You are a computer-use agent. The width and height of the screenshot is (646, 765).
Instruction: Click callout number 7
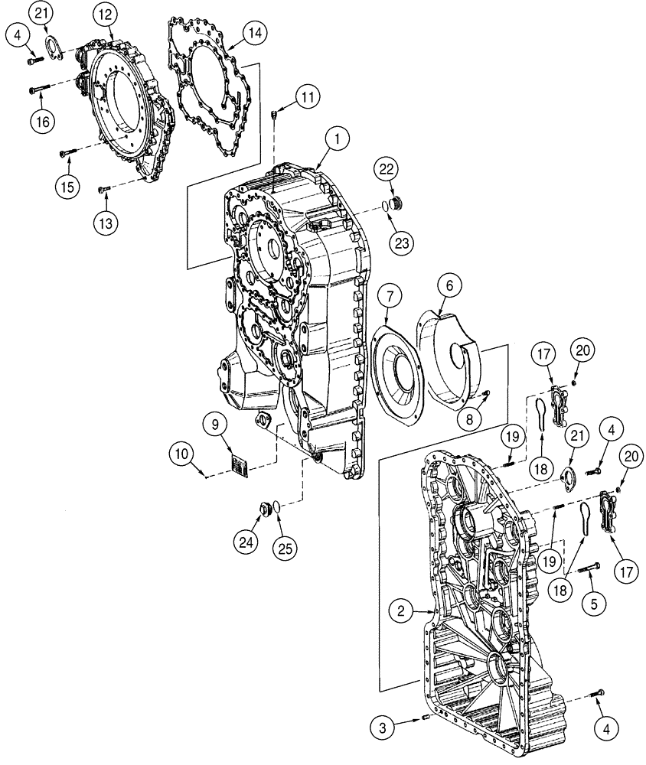[x=388, y=295]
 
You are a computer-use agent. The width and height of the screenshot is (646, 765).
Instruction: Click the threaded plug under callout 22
[x=396, y=203]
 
